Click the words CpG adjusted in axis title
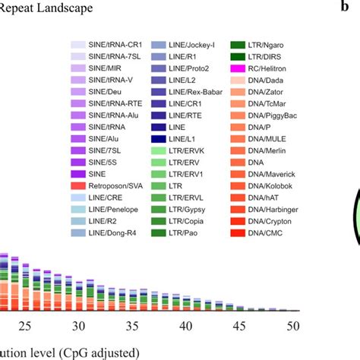(x=103, y=352)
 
